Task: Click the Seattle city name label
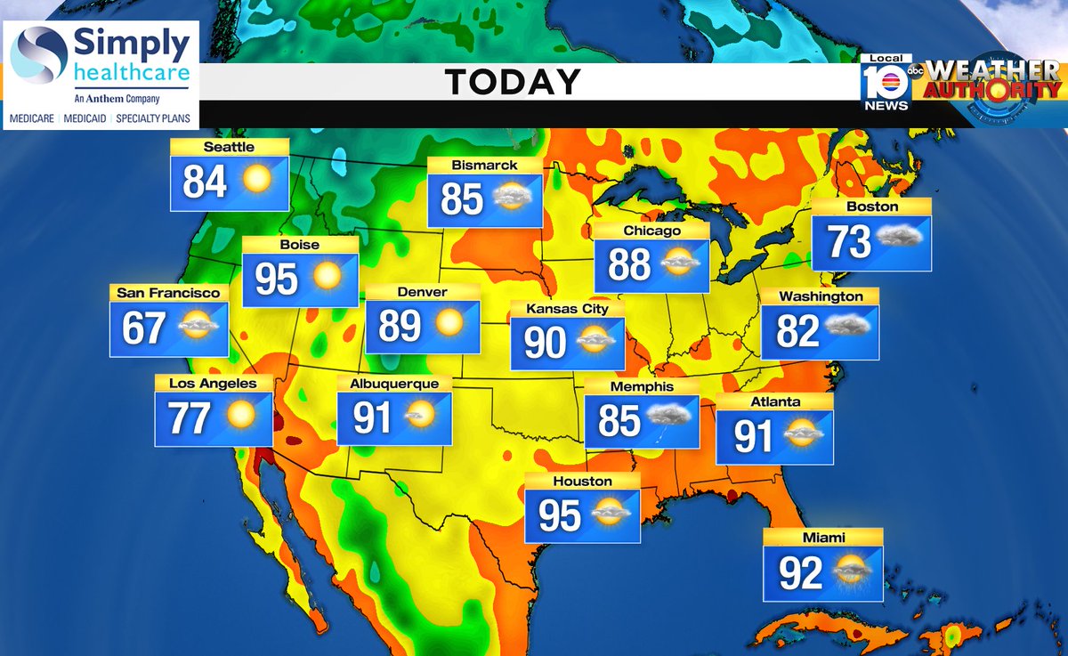(x=230, y=147)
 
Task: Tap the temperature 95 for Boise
(x=276, y=279)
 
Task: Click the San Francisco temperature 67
(x=144, y=328)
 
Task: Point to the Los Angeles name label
(x=213, y=384)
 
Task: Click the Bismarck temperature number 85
(x=461, y=199)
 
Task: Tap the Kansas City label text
(x=567, y=309)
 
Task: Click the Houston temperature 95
(x=559, y=516)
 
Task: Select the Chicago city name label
(x=651, y=231)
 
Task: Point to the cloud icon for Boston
(x=901, y=238)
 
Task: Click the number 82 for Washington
(x=797, y=332)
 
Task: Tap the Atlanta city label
(x=774, y=401)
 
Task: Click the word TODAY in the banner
(x=513, y=83)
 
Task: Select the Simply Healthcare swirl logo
(x=39, y=53)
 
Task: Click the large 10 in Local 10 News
(x=886, y=83)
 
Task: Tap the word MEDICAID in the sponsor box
(x=88, y=117)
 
